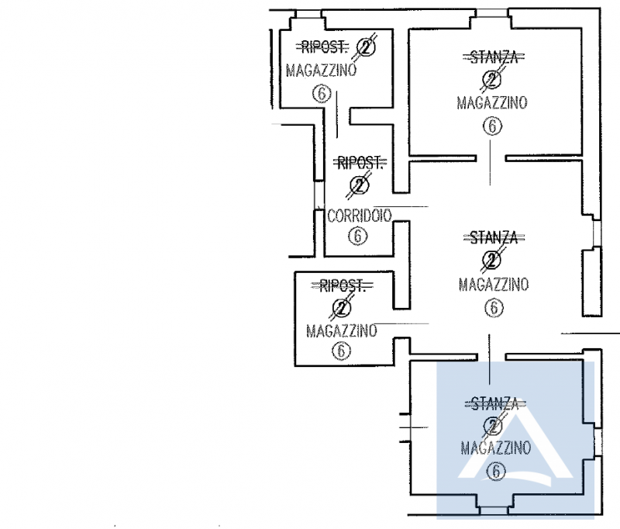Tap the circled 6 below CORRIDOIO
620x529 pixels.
357,236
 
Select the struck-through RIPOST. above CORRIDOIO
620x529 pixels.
359,163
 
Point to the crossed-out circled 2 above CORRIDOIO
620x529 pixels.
359,185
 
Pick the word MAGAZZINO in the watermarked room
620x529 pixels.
495,448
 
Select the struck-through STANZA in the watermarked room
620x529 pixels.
495,403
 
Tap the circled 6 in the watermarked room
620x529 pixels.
496,470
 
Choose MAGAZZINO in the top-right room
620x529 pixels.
492,102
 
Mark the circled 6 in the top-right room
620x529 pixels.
491,126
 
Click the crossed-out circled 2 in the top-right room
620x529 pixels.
491,79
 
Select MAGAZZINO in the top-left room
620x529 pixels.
321,71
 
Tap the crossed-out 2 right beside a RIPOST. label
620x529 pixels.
366,48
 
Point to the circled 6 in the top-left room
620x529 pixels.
321,94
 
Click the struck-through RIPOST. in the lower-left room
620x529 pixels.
343,287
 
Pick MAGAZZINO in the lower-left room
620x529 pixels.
341,331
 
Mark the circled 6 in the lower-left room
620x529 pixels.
341,351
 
